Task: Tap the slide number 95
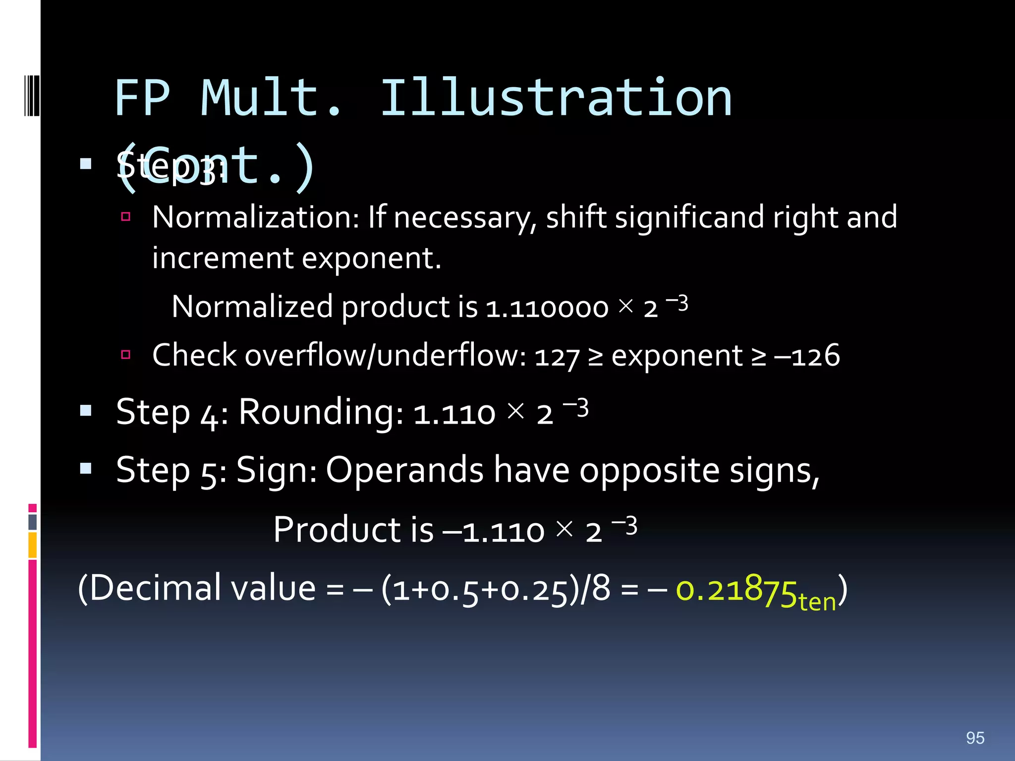(x=975, y=738)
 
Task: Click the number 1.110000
(x=547, y=308)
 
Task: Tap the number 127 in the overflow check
(x=557, y=357)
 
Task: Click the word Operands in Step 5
(x=404, y=470)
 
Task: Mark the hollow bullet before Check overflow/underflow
(x=126, y=354)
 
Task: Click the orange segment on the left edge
(x=32, y=544)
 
